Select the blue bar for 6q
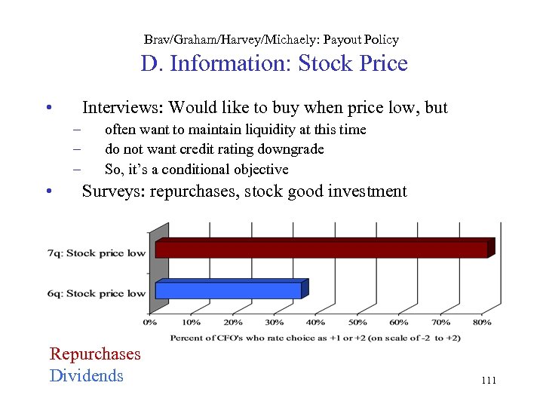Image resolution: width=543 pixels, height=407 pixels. tap(230, 289)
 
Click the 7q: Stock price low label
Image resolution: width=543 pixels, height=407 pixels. tap(96, 253)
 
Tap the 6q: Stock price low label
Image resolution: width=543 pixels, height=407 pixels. tap(96, 293)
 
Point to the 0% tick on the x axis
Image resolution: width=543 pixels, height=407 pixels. tap(150, 323)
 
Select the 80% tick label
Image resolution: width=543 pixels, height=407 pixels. tap(482, 323)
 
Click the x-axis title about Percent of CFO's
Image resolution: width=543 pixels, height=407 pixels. tap(315, 338)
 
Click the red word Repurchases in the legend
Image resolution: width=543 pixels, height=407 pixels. tap(95, 353)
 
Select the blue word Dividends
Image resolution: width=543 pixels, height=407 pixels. tap(86, 375)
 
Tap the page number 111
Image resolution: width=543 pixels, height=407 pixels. tap(488, 381)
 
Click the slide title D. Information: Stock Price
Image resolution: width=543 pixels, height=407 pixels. tap(274, 63)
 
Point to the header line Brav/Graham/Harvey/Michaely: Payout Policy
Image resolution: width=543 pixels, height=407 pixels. tap(271, 39)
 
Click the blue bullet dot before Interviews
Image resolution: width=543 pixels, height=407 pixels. tap(48, 108)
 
